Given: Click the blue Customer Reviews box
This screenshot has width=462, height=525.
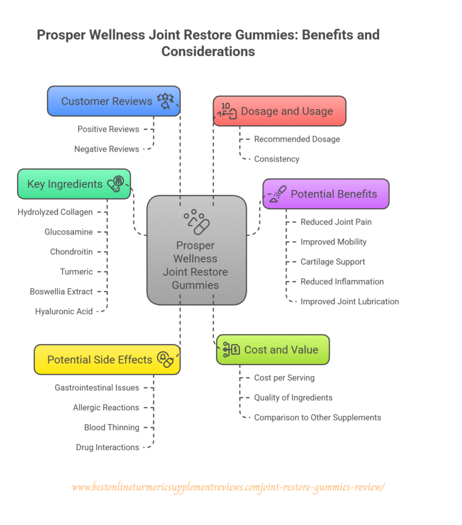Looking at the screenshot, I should tap(114, 100).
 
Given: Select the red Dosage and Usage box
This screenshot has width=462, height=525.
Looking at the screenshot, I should tap(280, 111).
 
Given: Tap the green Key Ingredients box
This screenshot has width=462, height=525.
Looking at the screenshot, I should tap(73, 184).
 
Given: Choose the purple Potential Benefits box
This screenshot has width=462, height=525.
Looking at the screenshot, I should tap(326, 194).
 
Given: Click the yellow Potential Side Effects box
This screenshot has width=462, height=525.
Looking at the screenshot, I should tap(106, 360).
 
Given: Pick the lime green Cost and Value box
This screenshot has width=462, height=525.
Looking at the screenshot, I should tap(273, 349).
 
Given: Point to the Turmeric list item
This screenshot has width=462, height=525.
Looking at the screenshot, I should tap(76, 272).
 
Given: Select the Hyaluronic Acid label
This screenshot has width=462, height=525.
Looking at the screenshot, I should tap(64, 312).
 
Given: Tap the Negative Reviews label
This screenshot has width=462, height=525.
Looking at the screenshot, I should tap(106, 149).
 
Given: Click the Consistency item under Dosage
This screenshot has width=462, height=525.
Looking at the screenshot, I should tap(276, 159).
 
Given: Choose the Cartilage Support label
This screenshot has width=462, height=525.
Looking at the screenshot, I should tap(333, 262).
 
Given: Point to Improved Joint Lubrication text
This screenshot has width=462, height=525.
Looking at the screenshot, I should tap(350, 301).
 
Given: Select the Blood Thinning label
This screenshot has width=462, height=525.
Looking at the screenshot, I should tap(111, 428).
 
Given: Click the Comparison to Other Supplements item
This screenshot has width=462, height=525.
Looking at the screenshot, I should tap(317, 417).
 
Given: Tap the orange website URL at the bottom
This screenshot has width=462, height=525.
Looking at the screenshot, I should tap(228, 487).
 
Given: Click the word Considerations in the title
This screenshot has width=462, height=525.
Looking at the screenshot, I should tap(208, 52).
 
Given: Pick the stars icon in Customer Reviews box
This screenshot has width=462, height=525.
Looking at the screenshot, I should tap(165, 100).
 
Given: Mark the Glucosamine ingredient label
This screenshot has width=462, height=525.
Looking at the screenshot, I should tap(69, 232).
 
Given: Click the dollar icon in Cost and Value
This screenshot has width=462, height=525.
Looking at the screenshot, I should tap(231, 349).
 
